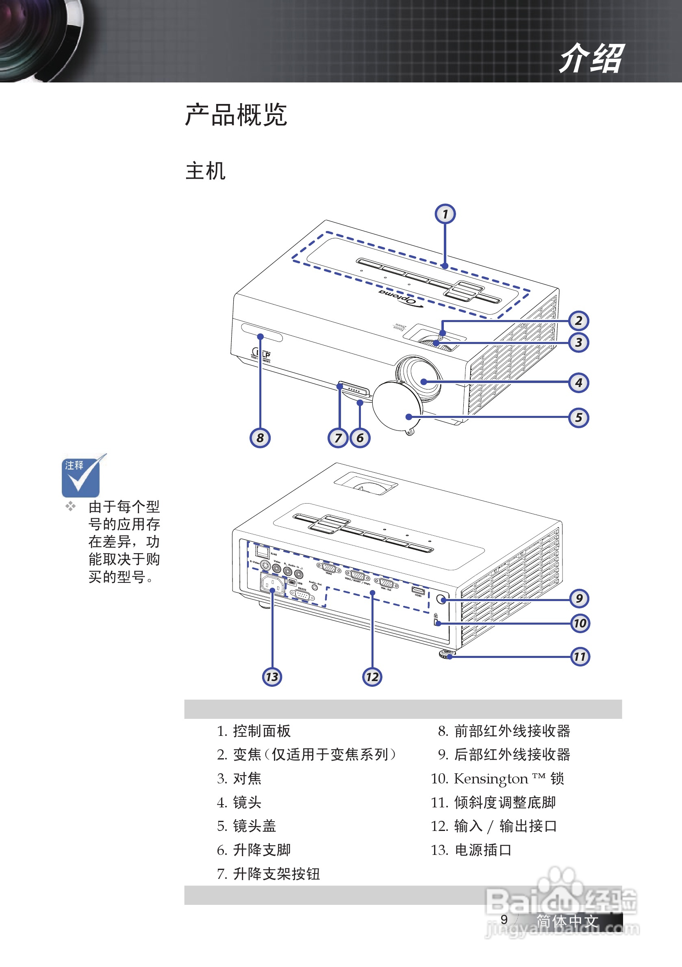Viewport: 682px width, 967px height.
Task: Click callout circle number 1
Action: [x=445, y=214]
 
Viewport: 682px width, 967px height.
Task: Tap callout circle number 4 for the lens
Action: [x=578, y=383]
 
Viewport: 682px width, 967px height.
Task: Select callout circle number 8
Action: [x=260, y=438]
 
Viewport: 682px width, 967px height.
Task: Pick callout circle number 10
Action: [x=580, y=623]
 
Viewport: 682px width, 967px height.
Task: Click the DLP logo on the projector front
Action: [x=261, y=354]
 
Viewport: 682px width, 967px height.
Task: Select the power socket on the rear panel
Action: [x=271, y=584]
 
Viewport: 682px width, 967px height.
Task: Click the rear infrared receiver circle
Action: [x=441, y=599]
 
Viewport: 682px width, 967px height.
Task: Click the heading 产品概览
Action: [x=236, y=115]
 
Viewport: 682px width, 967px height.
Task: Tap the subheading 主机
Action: [x=205, y=171]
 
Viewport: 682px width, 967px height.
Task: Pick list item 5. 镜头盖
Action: [x=247, y=826]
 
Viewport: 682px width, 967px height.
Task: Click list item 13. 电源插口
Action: [x=471, y=850]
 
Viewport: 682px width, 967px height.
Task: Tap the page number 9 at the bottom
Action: [x=504, y=919]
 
